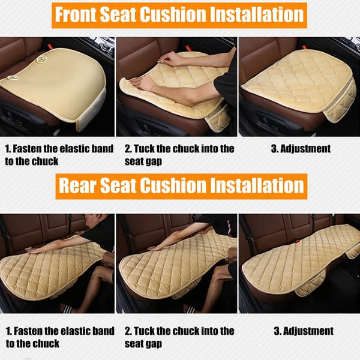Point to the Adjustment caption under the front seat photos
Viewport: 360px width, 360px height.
click(x=301, y=149)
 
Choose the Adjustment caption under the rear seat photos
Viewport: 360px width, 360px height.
click(x=304, y=331)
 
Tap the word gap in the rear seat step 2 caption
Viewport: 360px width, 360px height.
click(x=155, y=344)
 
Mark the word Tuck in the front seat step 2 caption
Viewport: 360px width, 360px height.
click(x=144, y=149)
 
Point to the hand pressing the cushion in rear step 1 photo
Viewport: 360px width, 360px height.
click(x=32, y=250)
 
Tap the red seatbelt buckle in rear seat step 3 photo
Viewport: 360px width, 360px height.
click(x=298, y=241)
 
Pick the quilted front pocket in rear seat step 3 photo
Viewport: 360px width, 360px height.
click(x=310, y=283)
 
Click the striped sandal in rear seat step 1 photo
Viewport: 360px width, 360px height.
click(x=66, y=308)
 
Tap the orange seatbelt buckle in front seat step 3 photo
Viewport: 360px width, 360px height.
click(x=305, y=47)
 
